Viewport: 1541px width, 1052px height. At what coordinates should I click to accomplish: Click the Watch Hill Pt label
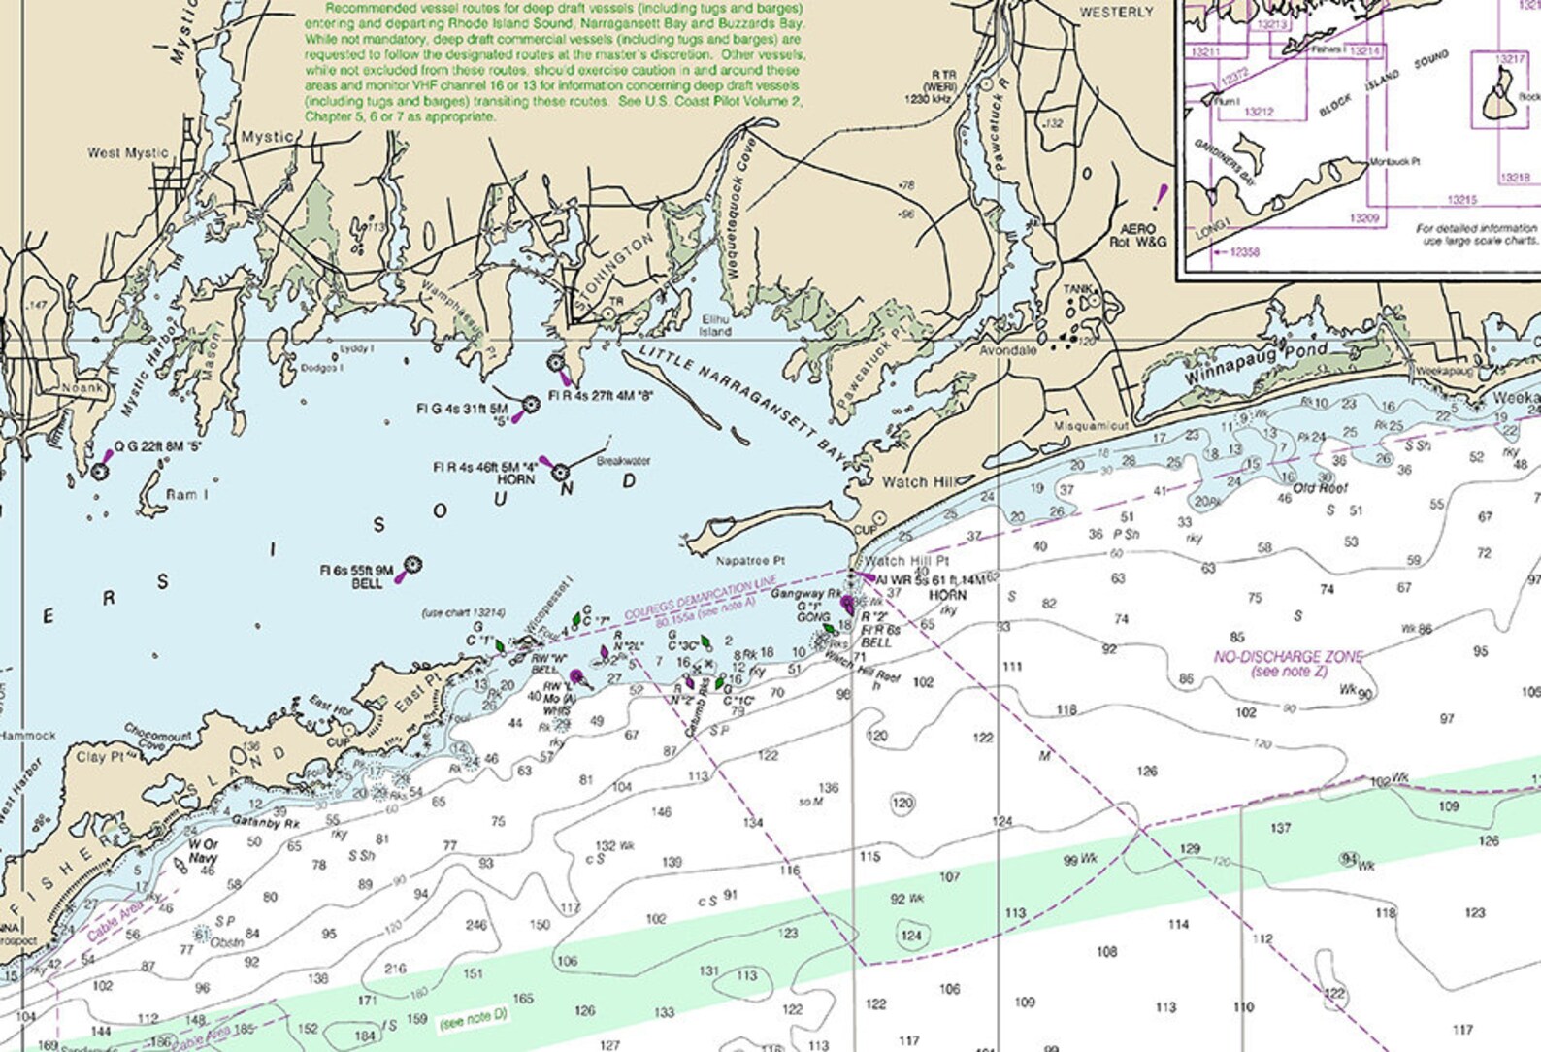coord(907,561)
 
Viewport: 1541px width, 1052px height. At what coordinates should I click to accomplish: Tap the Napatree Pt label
coord(749,561)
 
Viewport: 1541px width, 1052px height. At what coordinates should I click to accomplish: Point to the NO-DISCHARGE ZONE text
coord(1289,657)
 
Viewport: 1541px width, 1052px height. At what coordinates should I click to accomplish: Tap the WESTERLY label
coord(1116,13)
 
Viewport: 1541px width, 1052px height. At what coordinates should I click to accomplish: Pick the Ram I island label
coord(186,495)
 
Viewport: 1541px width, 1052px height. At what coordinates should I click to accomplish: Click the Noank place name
coord(82,388)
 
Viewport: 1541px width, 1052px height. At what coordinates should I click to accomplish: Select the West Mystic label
coord(127,152)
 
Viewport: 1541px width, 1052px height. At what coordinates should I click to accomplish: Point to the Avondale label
coord(1007,350)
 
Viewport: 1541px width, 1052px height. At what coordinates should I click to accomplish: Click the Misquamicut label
coord(1092,426)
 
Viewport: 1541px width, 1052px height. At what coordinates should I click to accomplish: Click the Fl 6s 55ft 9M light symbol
coord(412,564)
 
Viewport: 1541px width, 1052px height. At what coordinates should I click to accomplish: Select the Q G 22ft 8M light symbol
coord(99,472)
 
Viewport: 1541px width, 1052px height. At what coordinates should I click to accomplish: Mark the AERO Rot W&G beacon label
coord(1137,235)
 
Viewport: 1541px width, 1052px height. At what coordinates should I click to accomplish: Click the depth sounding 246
coord(475,925)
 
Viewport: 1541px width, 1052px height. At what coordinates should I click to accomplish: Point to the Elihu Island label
coord(715,325)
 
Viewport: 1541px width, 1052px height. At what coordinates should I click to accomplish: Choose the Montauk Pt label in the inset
coord(1394,161)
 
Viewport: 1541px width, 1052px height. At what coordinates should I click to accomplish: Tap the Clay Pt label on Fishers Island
coord(100,757)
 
